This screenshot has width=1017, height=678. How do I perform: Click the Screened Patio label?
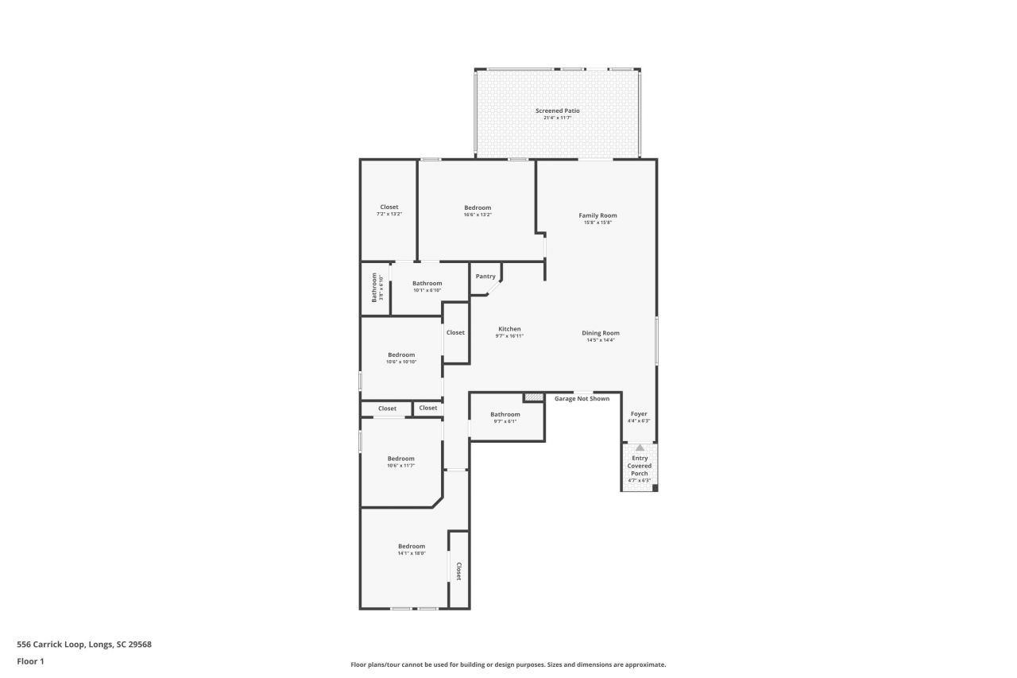pos(557,111)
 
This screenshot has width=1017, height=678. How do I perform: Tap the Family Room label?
pos(597,215)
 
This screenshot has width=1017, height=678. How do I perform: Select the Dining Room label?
pos(600,333)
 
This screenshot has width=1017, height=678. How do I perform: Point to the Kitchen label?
pos(509,329)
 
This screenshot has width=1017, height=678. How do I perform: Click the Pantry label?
pos(485,277)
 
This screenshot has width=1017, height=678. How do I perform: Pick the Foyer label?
pos(639,414)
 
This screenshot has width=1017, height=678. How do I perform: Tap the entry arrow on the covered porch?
pos(640,448)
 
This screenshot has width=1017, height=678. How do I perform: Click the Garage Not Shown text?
pos(582,398)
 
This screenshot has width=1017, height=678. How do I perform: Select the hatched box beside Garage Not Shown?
pos(533,397)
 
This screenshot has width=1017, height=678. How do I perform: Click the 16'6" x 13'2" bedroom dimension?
pos(478,215)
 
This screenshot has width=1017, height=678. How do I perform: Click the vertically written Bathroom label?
pos(375,288)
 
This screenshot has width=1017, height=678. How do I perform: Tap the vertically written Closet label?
pos(458,571)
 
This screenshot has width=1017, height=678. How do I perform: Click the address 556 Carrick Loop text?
pos(84,645)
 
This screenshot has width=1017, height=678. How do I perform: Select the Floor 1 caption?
pos(30,661)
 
